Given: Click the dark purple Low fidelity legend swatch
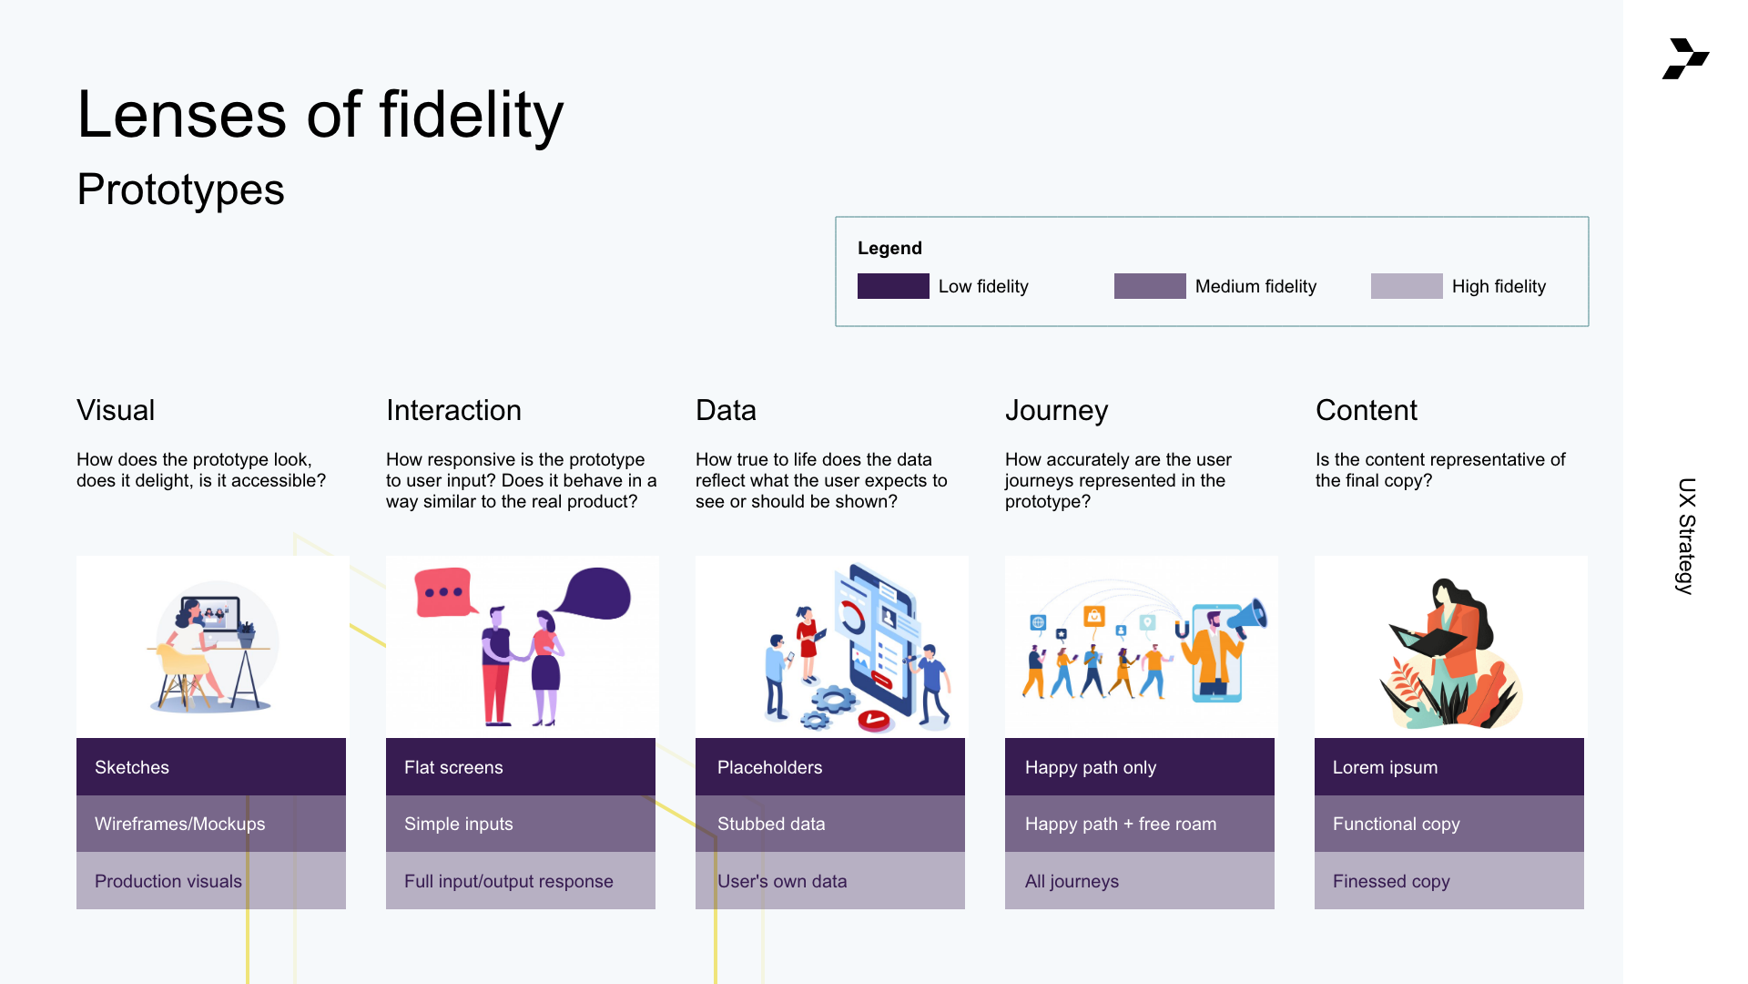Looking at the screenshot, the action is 893,286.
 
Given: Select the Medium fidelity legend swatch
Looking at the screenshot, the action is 1150,286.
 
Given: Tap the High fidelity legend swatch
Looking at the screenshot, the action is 1407,286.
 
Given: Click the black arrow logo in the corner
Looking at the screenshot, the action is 1686,59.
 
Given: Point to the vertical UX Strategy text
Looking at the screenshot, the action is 1686,536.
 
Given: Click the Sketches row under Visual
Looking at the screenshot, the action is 211,767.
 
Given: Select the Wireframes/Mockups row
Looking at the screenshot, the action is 211,824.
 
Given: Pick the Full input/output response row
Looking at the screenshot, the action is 521,881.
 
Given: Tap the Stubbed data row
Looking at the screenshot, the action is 830,824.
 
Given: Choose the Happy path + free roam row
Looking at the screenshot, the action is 1140,824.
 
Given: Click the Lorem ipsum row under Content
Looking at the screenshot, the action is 1449,767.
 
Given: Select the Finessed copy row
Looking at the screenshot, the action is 1449,881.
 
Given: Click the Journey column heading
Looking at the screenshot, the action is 1056,411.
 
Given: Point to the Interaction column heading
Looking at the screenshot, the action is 453,410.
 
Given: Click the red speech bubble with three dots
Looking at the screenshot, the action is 445,592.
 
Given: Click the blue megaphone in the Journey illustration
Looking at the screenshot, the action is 1248,616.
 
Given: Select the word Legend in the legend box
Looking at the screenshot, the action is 889,248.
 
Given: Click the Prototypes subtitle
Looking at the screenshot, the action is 180,190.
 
